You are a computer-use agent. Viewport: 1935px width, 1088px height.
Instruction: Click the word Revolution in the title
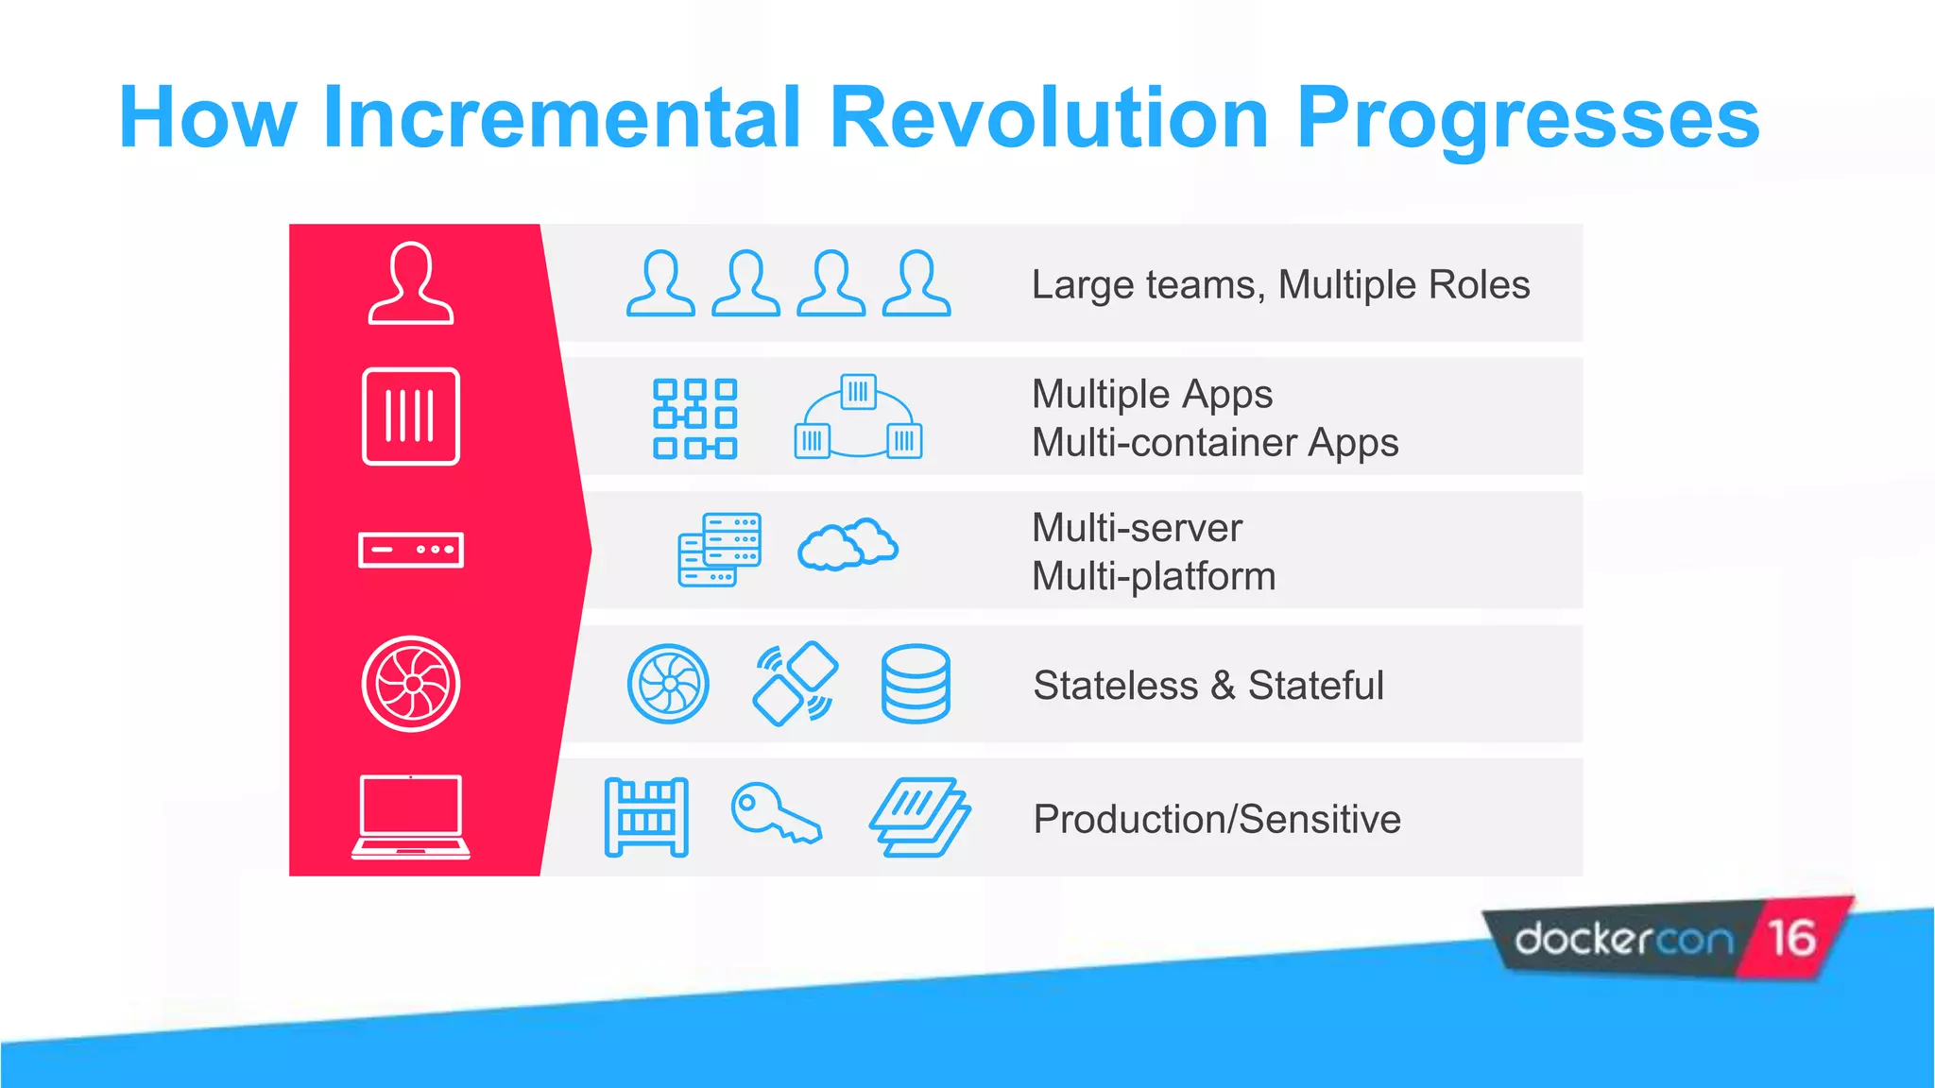pos(1049,118)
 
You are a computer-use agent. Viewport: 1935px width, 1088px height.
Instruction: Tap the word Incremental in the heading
pos(562,118)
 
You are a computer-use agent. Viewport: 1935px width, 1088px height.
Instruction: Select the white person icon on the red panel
pos(410,283)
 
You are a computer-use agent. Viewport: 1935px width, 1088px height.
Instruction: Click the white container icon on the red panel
pos(411,416)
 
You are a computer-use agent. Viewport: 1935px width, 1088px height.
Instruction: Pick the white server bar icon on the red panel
pos(411,550)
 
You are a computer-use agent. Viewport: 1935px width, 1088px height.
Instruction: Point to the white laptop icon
pos(411,817)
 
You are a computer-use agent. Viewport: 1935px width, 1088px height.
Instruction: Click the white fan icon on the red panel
pos(411,684)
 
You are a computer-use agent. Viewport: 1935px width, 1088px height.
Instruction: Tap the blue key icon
pos(775,812)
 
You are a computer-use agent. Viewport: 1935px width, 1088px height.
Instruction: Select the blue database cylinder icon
pos(915,684)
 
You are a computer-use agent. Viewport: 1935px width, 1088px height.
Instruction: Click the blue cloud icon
pos(848,545)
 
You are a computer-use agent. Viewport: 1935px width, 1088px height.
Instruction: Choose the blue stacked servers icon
pos(719,550)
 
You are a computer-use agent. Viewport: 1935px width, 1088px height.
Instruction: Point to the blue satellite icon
pos(795,684)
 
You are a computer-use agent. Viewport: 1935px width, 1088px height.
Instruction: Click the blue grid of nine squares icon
pos(694,418)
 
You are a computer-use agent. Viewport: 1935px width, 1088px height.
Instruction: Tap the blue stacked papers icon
pos(919,817)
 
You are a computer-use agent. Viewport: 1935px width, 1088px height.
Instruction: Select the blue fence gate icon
pos(646,817)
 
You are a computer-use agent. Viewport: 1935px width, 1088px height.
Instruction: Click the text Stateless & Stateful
pos(1208,686)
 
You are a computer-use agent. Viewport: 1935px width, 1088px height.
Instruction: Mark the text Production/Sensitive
pos(1217,819)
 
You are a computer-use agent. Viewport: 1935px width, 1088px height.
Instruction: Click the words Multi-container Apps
pos(1215,443)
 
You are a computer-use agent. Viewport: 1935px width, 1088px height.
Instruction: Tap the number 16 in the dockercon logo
pos(1791,938)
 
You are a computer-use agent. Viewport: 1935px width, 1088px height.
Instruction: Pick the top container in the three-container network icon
pos(858,391)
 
